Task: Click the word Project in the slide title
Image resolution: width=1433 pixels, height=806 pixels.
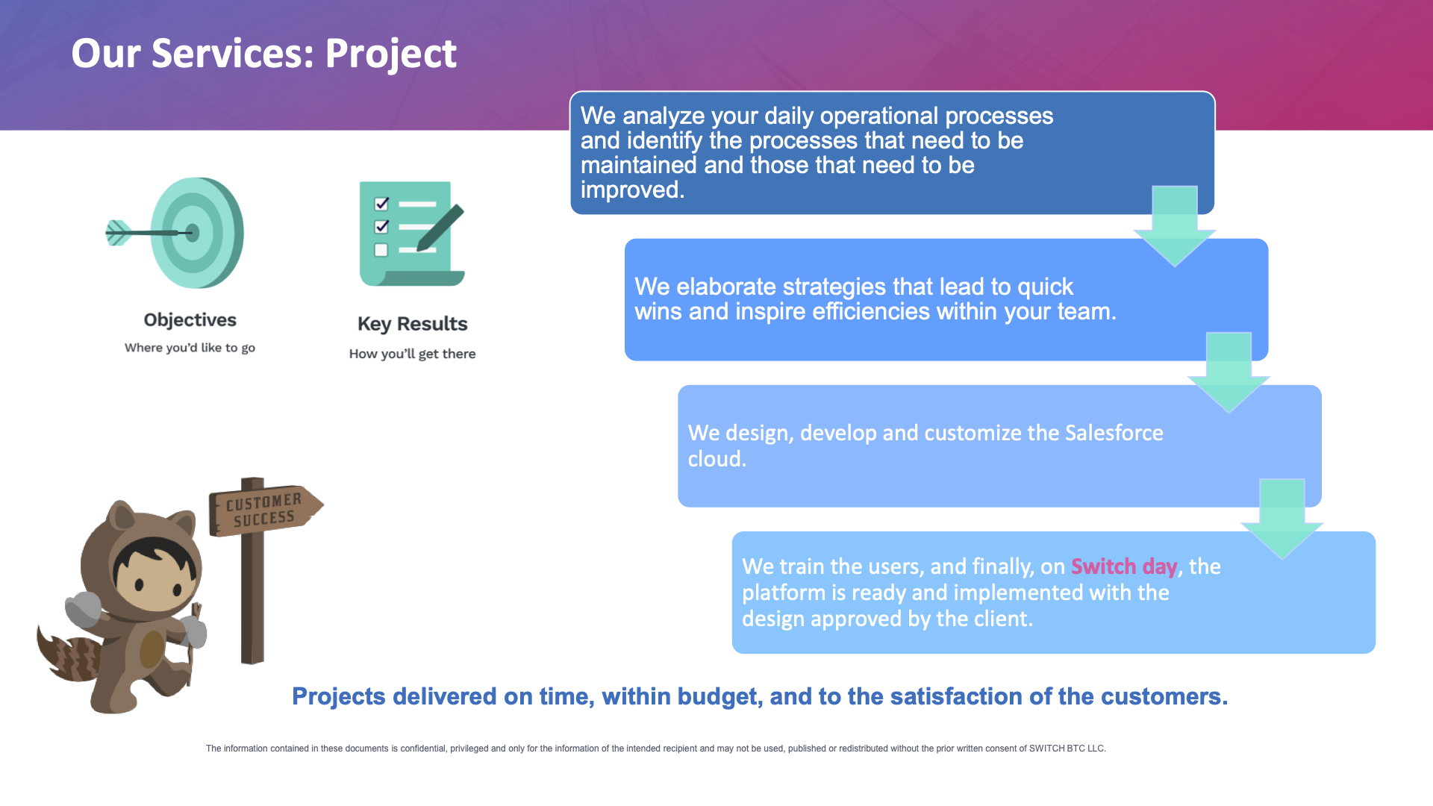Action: (390, 54)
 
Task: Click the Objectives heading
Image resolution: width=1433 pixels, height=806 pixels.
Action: (190, 320)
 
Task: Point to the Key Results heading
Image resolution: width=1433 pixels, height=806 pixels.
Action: (413, 324)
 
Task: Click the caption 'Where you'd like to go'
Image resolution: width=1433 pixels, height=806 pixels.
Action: (190, 348)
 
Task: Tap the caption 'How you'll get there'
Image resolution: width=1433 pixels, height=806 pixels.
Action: (412, 354)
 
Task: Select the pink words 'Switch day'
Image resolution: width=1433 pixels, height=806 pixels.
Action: (1124, 566)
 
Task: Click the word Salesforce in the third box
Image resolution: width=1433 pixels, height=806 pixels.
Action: (1114, 433)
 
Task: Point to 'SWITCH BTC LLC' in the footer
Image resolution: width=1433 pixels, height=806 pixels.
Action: (1067, 749)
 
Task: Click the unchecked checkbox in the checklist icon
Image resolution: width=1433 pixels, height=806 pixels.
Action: (381, 250)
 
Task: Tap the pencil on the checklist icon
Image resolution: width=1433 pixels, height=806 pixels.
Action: (440, 228)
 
